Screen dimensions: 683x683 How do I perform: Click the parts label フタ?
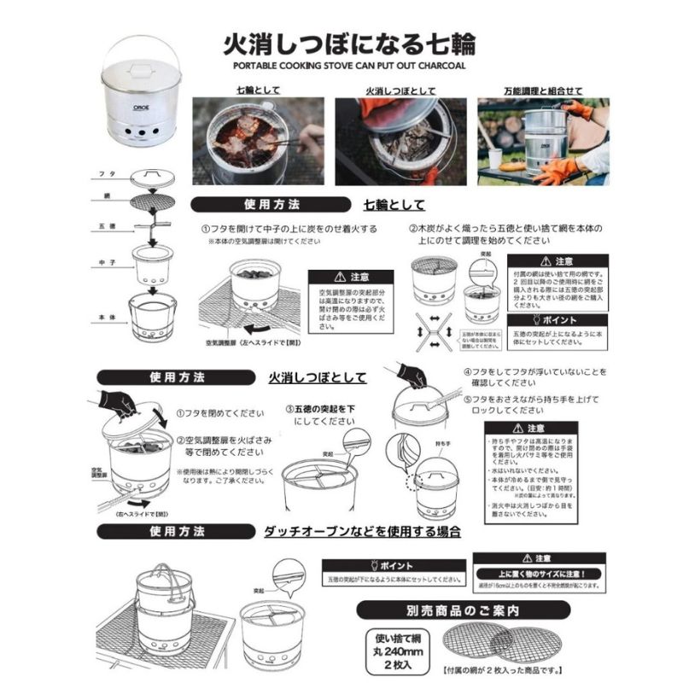[x=108, y=173]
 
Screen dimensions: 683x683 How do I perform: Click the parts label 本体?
[x=108, y=318]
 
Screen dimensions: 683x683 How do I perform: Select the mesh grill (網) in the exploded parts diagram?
[x=155, y=202]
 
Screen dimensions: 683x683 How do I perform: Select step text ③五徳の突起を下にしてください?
[x=319, y=414]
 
